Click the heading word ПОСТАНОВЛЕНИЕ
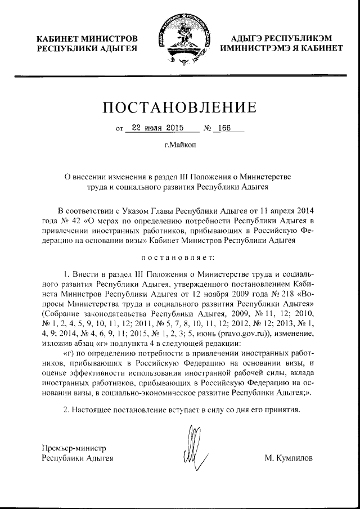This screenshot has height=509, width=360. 179,107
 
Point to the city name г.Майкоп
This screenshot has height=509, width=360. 179,145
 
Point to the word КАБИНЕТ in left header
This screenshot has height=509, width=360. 59,38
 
